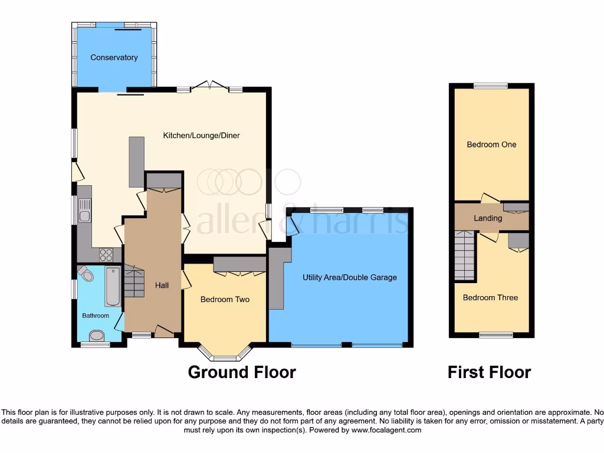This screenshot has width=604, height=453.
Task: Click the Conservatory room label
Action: coord(114,57)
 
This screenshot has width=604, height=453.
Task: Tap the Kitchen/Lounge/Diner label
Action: coord(202,136)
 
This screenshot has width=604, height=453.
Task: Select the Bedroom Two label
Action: coord(225,300)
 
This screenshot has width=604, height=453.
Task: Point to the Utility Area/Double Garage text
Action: coord(350,277)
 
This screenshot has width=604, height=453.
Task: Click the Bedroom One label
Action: coord(491,145)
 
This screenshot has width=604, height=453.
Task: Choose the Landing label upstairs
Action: coord(488,218)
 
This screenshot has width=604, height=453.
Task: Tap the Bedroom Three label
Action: coord(490,298)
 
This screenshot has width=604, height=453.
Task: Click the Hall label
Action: coord(162,285)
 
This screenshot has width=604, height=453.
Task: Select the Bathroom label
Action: coord(96,316)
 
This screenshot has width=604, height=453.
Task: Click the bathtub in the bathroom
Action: coord(113,286)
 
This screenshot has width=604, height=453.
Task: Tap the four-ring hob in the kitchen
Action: coord(106,255)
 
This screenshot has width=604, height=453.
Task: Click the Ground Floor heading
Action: coord(242,372)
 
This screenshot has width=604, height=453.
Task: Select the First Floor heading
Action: coord(489,372)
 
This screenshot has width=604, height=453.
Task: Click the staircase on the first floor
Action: coord(465,255)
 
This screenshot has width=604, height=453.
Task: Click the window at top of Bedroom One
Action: coord(491,86)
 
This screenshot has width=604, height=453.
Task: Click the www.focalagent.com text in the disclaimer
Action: coord(387,430)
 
